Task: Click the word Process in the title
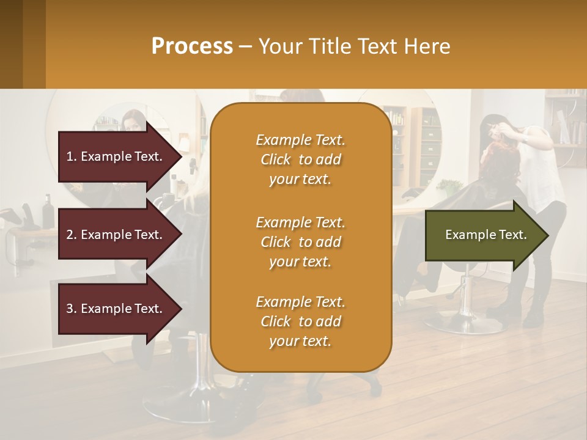192,46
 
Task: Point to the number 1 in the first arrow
70,156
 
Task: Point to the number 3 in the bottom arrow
70,309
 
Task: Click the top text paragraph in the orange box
300,159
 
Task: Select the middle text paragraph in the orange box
300,242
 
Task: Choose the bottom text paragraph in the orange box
300,321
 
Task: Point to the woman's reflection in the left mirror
131,122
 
